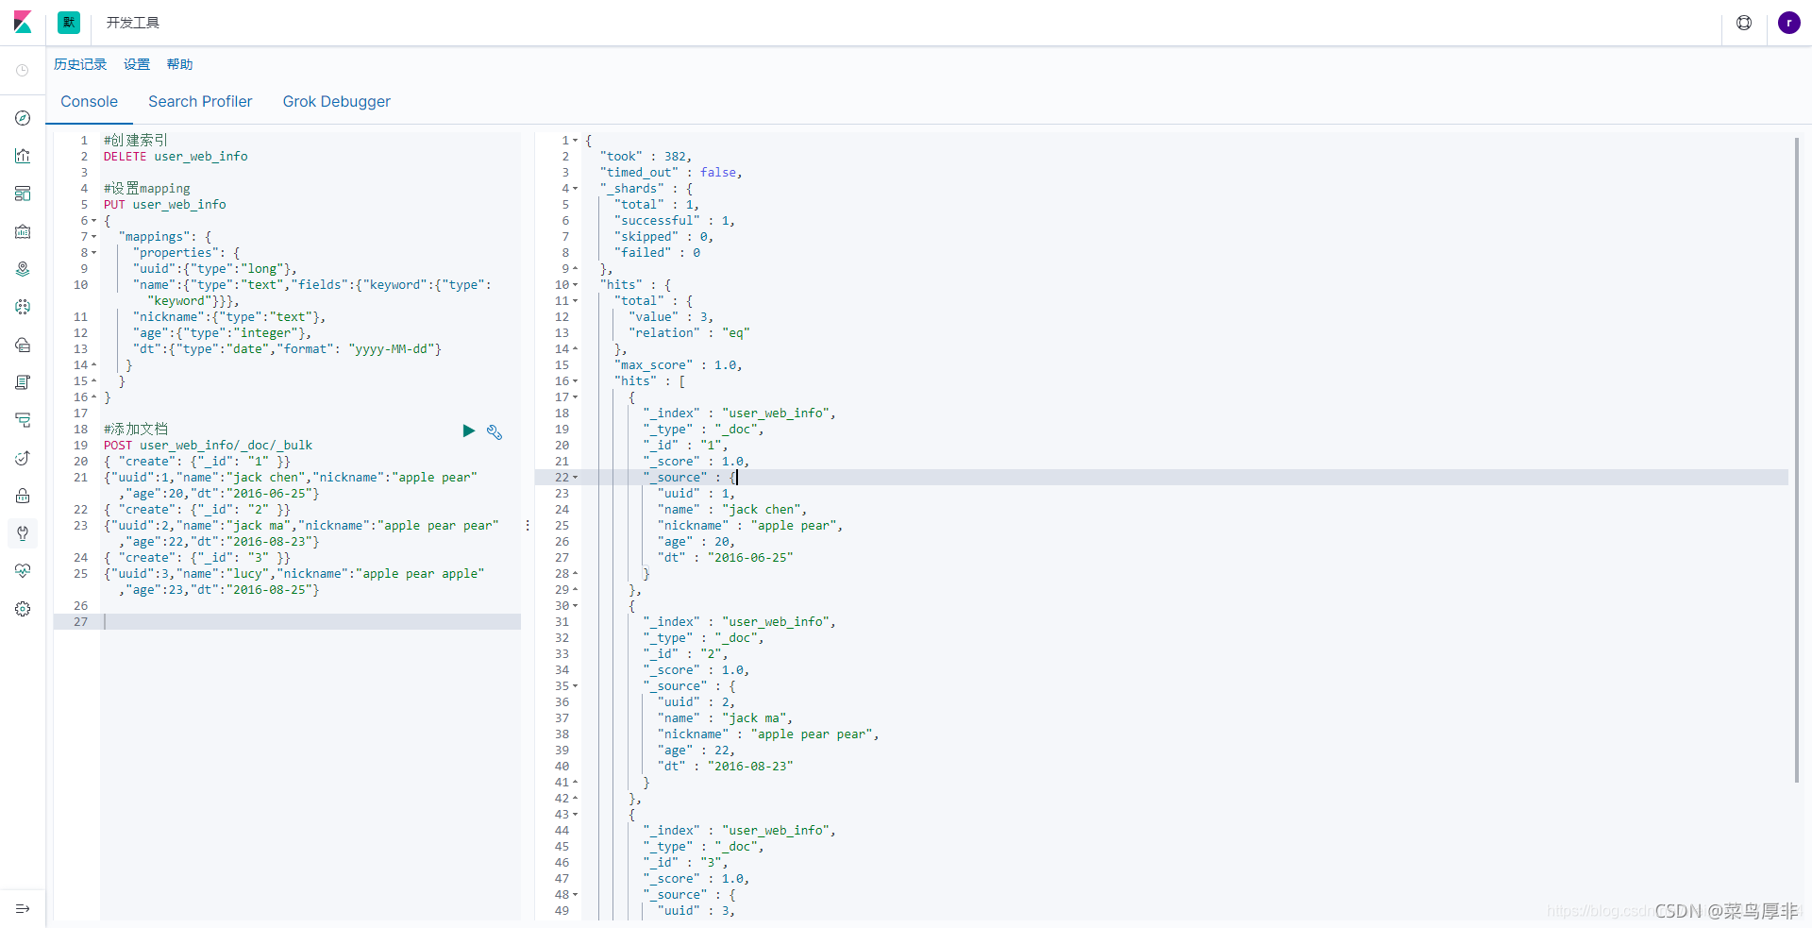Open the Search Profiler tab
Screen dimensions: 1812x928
[200, 102]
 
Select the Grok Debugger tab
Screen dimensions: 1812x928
[336, 102]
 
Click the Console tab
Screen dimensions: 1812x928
[89, 102]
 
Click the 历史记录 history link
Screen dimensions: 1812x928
[80, 64]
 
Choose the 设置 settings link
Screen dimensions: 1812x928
[137, 64]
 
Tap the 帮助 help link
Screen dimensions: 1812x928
[179, 64]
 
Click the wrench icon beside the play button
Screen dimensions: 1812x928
[495, 431]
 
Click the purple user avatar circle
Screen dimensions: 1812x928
[1788, 23]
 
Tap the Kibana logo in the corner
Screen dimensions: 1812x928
[23, 23]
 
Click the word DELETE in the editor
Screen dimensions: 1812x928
[125, 157]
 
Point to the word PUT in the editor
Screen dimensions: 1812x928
[114, 205]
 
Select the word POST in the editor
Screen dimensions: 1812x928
[118, 446]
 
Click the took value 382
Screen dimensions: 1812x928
[676, 157]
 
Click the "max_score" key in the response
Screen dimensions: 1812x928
[654, 365]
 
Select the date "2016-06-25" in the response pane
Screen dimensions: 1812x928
[750, 558]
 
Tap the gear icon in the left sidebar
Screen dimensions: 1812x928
[23, 609]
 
